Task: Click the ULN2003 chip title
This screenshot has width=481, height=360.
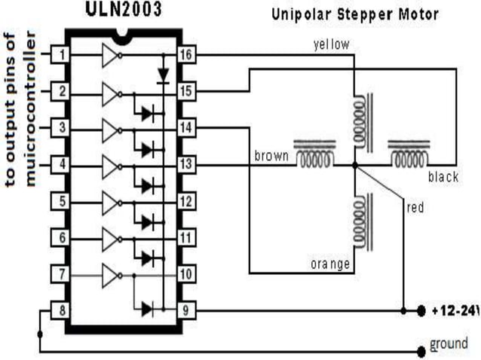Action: (121, 10)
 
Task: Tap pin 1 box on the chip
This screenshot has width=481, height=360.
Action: (61, 56)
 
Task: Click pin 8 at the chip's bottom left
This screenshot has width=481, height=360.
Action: (61, 309)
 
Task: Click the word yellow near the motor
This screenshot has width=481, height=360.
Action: (331, 44)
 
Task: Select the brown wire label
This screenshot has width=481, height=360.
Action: (271, 156)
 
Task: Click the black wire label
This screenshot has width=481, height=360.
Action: (443, 177)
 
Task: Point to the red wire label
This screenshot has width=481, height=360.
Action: (415, 207)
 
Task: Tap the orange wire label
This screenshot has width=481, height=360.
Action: (330, 264)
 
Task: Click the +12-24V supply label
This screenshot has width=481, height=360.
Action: (455, 310)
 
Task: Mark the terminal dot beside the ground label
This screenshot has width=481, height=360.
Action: (421, 350)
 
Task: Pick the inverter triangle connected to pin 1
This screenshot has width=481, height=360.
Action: (110, 56)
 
